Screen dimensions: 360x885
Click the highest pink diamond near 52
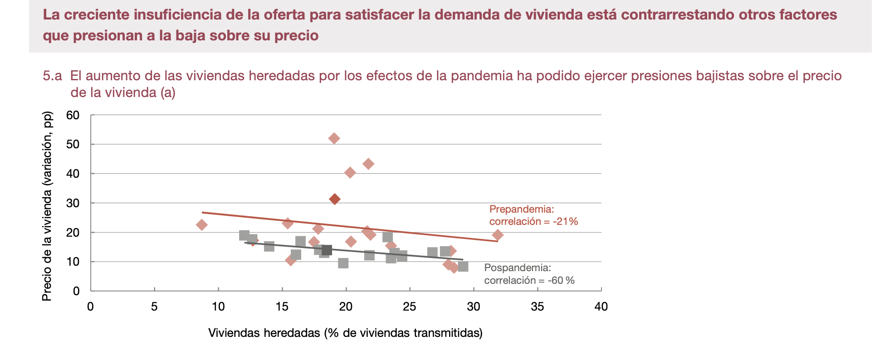pos(334,138)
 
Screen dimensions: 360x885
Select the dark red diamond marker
pos(335,199)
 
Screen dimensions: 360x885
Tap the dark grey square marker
pos(327,250)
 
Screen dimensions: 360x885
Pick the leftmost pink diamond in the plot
pos(202,225)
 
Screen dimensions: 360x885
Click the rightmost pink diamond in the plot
pos(498,235)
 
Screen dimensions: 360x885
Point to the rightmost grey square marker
pos(463,267)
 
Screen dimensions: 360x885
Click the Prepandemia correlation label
pos(533,215)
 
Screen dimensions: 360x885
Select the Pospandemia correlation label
pos(529,274)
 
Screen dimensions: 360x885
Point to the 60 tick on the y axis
pos(73,115)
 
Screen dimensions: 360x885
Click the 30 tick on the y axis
pos(73,203)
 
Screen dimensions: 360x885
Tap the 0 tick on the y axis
pos(76,291)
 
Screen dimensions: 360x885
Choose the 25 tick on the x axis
pos(410,307)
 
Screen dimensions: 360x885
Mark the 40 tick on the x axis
pos(601,307)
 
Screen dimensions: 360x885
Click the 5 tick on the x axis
pos(154,307)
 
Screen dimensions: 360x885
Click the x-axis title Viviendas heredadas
pos(345,333)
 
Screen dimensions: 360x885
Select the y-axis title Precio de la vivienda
pos(47,206)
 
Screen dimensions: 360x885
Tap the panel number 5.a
pos(52,76)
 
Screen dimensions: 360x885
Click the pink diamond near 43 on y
pos(368,164)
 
